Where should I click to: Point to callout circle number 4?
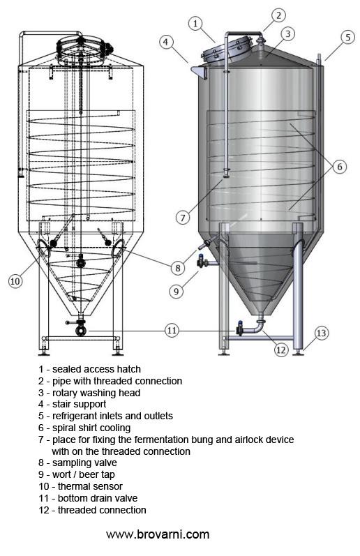pos(166,41)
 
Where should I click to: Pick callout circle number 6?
pos(338,166)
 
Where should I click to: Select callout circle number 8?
pos(179,267)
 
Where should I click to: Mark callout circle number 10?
pos(15,281)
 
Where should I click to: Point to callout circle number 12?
pos(280,350)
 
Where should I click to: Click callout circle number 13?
pos(321,333)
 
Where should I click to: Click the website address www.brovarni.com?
pos(158,535)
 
